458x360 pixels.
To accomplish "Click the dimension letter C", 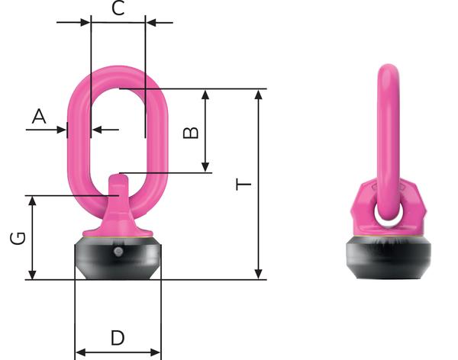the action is [118, 8].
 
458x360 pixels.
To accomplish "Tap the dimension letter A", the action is [39, 116].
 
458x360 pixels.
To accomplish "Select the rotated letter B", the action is [190, 133].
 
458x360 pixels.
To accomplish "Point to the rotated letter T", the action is [244, 185].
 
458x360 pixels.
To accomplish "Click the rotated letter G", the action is [18, 238].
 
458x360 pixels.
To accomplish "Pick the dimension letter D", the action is [118, 338].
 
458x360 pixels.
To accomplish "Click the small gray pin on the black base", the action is [118, 251].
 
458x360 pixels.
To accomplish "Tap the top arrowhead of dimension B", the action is [205, 95].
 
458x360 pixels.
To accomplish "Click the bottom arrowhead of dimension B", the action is [205, 167].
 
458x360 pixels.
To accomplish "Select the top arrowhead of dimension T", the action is [259, 95].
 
